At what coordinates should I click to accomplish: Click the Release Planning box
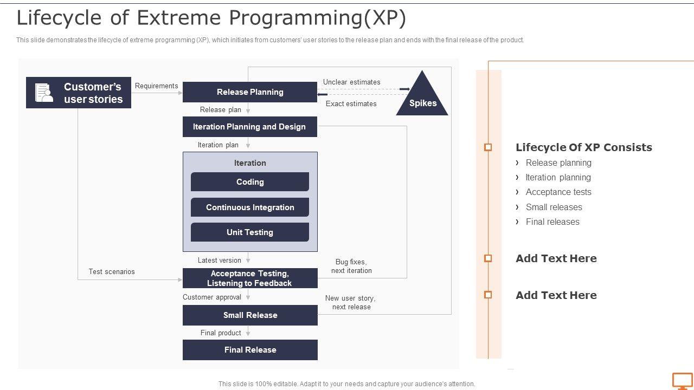click(x=250, y=92)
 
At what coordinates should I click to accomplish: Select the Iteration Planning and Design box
click(x=250, y=127)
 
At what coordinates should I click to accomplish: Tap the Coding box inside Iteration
click(x=250, y=181)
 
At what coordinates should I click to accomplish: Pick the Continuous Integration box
click(x=250, y=207)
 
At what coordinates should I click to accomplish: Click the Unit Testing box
click(x=250, y=232)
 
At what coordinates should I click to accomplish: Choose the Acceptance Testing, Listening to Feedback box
click(x=250, y=278)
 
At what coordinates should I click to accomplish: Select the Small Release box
click(x=250, y=315)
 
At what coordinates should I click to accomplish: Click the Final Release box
click(x=250, y=350)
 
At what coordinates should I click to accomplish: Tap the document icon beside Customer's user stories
click(x=44, y=93)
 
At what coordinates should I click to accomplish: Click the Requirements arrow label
click(x=157, y=86)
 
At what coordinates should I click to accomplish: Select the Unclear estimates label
click(x=352, y=82)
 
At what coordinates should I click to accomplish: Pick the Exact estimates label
click(x=351, y=103)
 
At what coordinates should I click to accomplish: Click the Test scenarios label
click(x=112, y=271)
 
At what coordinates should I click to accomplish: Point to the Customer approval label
click(x=212, y=297)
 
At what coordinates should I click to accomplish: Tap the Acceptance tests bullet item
click(x=558, y=192)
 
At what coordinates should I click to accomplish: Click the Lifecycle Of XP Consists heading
click(x=584, y=147)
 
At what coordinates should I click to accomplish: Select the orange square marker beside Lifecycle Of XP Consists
click(x=488, y=147)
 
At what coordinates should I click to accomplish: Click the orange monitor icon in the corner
click(x=682, y=381)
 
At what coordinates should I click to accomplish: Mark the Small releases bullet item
click(x=554, y=207)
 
